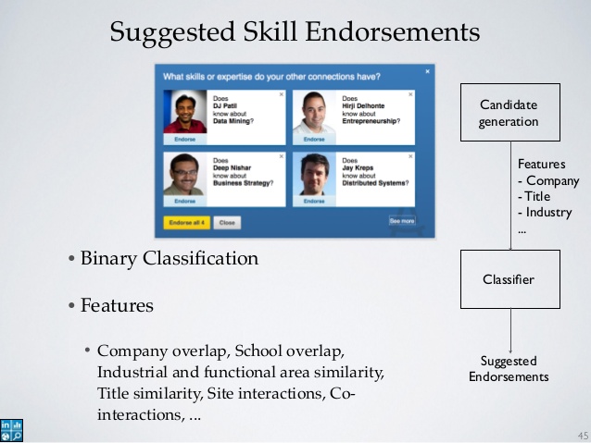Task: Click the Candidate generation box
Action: (509, 113)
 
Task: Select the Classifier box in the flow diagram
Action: (509, 279)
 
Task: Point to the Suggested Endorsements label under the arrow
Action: (509, 368)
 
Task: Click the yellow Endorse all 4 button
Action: (186, 222)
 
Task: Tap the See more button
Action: (402, 221)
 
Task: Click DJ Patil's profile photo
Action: (185, 111)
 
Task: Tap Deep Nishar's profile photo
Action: (185, 173)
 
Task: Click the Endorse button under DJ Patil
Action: (185, 139)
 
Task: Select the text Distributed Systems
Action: (375, 183)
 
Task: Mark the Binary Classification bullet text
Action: (169, 259)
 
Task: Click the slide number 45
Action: (582, 435)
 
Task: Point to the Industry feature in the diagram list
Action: (548, 213)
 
